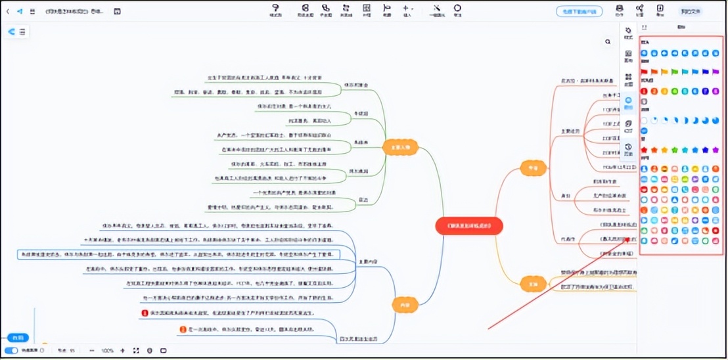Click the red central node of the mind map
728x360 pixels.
[x=468, y=226]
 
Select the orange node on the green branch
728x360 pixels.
[x=400, y=148]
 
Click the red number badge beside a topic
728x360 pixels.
[x=145, y=313]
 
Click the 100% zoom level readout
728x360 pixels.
[x=108, y=351]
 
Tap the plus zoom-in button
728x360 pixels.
[x=122, y=351]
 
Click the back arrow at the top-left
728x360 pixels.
[x=7, y=11]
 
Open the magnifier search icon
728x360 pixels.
[x=608, y=41]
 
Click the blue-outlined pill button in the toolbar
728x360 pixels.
[x=579, y=11]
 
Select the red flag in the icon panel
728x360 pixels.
[x=645, y=72]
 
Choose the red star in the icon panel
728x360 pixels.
[x=645, y=150]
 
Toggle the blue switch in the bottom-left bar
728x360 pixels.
[x=11, y=351]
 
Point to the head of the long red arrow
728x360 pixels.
[x=629, y=238]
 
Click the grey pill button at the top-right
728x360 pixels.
[x=690, y=11]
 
